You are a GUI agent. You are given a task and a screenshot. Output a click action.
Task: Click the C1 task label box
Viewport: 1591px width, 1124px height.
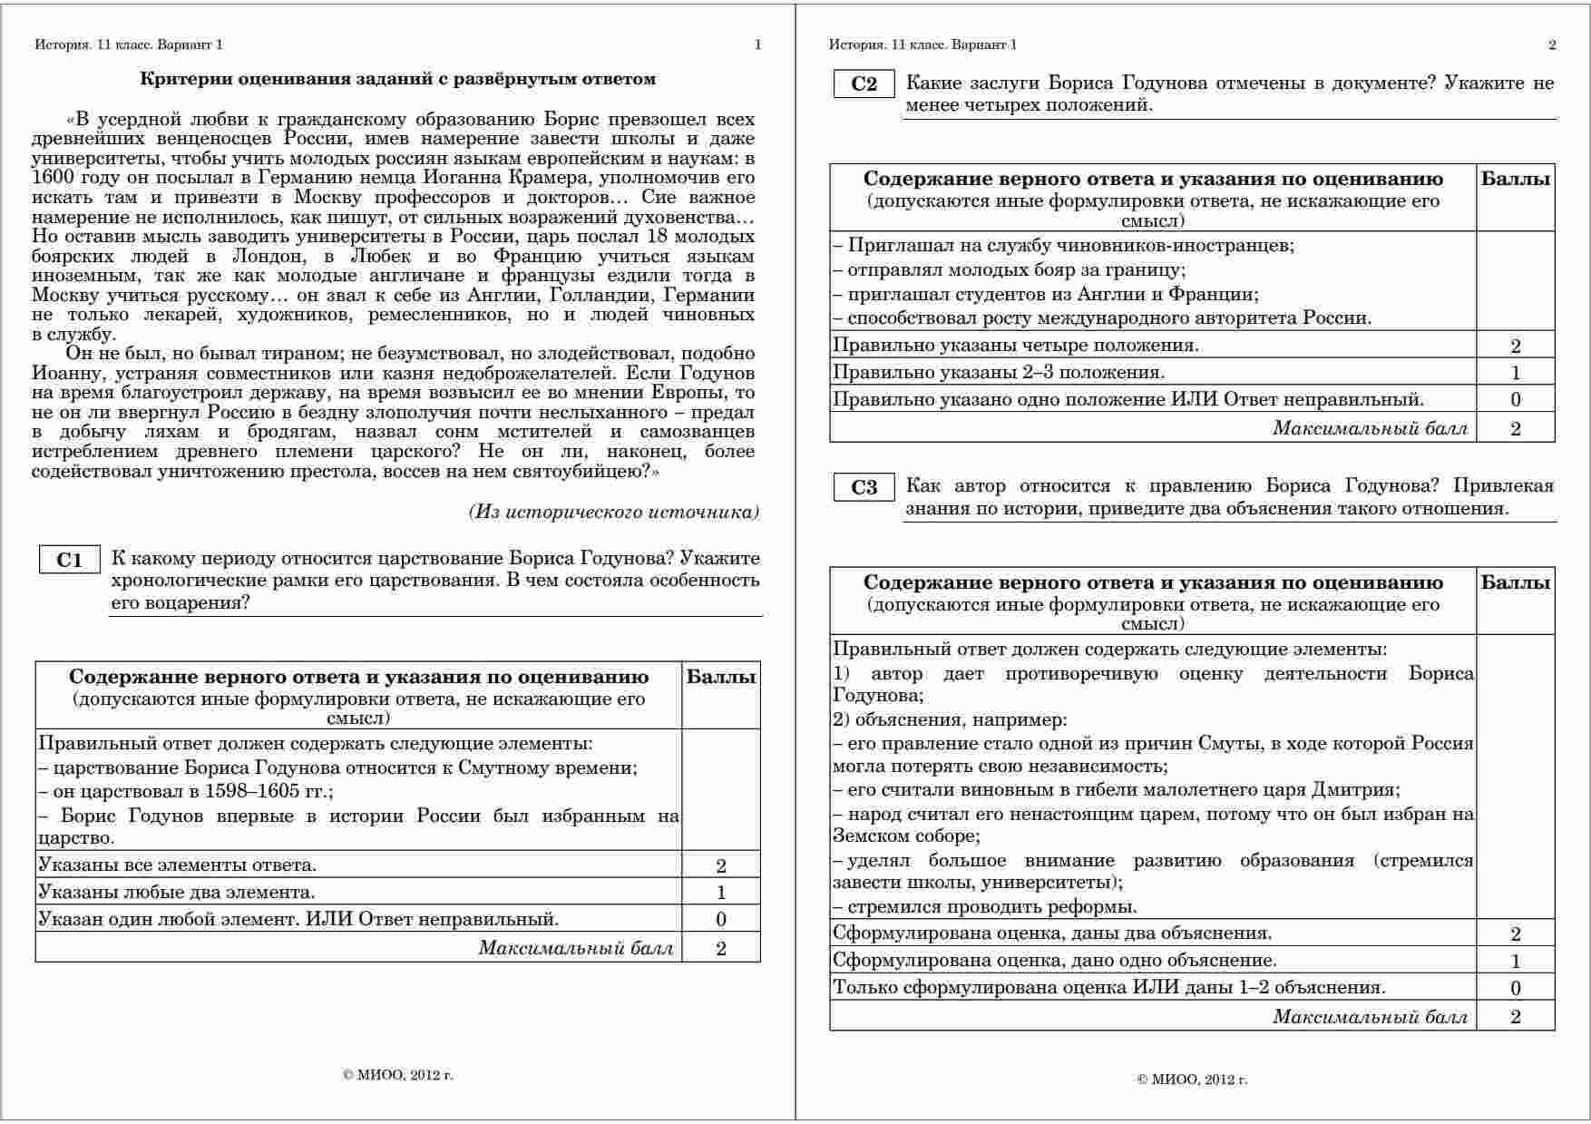(x=69, y=560)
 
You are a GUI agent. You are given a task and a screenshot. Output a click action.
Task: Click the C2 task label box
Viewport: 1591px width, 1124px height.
(x=864, y=84)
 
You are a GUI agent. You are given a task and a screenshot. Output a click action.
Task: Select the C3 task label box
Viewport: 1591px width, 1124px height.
(x=864, y=488)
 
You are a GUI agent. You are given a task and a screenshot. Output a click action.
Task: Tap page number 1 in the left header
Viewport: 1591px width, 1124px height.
(x=757, y=44)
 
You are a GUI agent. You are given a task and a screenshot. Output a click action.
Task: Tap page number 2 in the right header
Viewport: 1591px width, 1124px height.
(x=1552, y=44)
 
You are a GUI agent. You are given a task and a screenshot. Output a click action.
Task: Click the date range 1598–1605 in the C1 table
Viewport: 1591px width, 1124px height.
(x=252, y=791)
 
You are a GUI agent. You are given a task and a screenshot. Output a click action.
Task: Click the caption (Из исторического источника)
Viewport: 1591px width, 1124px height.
(x=614, y=512)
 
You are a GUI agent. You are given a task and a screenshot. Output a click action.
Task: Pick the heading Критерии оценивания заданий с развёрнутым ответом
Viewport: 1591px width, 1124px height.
(x=397, y=79)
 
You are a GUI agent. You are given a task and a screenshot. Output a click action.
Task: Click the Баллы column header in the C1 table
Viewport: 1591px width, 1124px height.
(x=721, y=677)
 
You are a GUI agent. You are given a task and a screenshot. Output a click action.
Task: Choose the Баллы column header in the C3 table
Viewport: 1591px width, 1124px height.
(x=1515, y=582)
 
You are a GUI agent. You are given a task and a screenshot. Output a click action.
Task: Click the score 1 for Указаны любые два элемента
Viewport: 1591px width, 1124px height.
(x=721, y=893)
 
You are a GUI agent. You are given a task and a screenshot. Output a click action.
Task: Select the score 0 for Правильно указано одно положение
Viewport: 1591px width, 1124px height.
(x=1515, y=400)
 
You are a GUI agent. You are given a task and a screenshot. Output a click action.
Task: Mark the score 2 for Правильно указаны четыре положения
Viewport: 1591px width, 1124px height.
(x=1515, y=346)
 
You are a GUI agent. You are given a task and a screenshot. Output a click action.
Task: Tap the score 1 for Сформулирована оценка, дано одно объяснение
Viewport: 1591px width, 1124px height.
(x=1515, y=961)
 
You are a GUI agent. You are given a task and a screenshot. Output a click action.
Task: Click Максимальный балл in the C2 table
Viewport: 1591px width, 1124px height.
(x=1370, y=428)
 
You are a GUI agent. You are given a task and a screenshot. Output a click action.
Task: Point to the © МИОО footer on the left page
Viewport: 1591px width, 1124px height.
(x=398, y=1076)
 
